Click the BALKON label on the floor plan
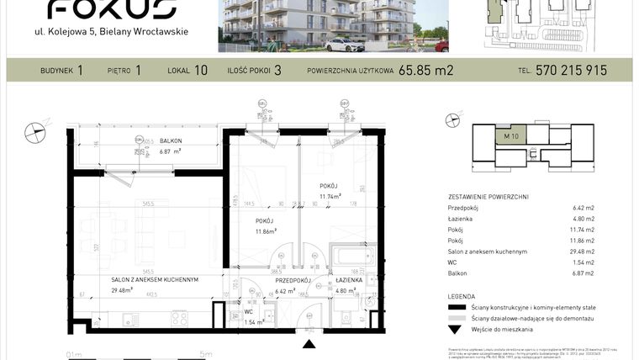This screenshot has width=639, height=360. tap(171, 141)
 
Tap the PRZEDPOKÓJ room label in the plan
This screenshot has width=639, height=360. tap(293, 280)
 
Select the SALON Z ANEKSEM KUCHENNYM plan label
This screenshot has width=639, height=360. tap(154, 280)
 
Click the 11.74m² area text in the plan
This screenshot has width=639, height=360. tap(330, 197)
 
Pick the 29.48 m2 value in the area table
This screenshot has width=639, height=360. tap(583, 251)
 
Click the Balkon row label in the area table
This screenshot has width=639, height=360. tap(457, 273)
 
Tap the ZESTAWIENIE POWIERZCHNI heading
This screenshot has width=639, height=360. tap(488, 196)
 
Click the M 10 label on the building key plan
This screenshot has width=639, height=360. tap(511, 136)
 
